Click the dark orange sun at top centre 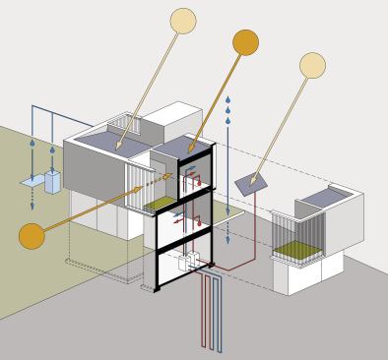pos(245,42)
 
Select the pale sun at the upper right pos(312,65)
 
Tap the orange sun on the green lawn pos(32,236)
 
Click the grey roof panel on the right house pos(319,200)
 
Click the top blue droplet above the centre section pos(228,100)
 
